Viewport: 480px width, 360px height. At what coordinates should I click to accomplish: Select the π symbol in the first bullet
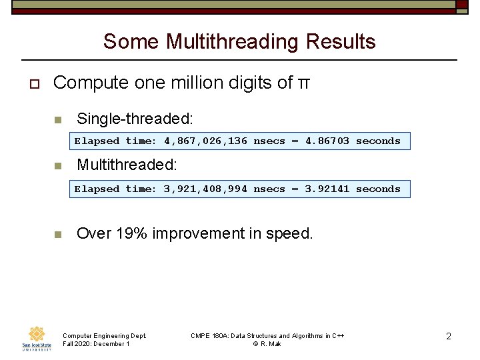pyautogui.click(x=303, y=83)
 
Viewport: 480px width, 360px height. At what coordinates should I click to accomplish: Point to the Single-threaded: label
pyautogui.click(x=135, y=119)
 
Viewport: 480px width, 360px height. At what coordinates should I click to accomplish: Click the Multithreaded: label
pyautogui.click(x=127, y=165)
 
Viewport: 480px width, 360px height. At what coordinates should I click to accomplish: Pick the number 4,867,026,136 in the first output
pyautogui.click(x=205, y=141)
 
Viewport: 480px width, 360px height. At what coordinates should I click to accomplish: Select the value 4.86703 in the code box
pyautogui.click(x=327, y=141)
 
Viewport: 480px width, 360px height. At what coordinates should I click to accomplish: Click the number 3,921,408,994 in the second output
pyautogui.click(x=205, y=189)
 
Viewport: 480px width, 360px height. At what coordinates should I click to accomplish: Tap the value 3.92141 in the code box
pyautogui.click(x=327, y=189)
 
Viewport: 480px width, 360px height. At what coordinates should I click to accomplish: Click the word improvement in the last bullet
pyautogui.click(x=198, y=234)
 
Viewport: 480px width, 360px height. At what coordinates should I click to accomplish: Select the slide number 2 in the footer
pyautogui.click(x=448, y=337)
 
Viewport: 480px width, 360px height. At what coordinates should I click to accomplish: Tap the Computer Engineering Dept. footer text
pyautogui.click(x=104, y=335)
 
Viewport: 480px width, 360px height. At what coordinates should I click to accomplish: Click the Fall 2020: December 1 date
pyautogui.click(x=96, y=344)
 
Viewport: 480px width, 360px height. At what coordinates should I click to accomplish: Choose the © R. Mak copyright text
pyautogui.click(x=267, y=344)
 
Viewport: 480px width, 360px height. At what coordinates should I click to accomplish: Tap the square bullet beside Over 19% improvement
pyautogui.click(x=57, y=235)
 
